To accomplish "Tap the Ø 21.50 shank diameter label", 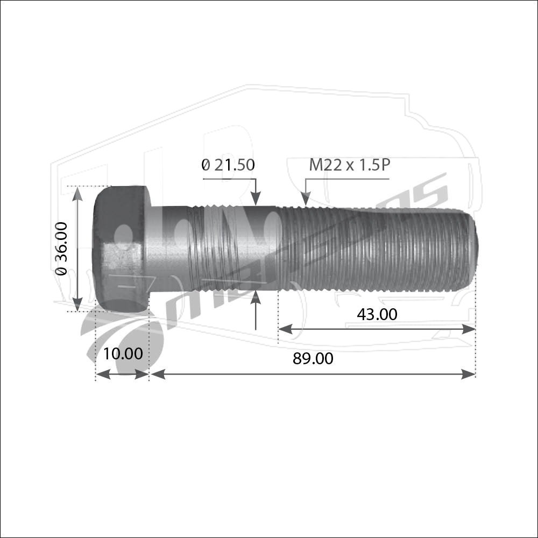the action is tap(228, 165).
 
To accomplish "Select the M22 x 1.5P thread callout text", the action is tap(350, 165).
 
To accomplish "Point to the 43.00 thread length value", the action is tap(377, 314).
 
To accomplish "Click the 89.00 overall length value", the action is tap(313, 358).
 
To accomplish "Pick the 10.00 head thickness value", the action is tap(123, 354).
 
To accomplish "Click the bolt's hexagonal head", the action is tap(122, 249).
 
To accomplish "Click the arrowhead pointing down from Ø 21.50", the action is tap(256, 199).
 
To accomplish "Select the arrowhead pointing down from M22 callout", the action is tap(306, 199).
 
